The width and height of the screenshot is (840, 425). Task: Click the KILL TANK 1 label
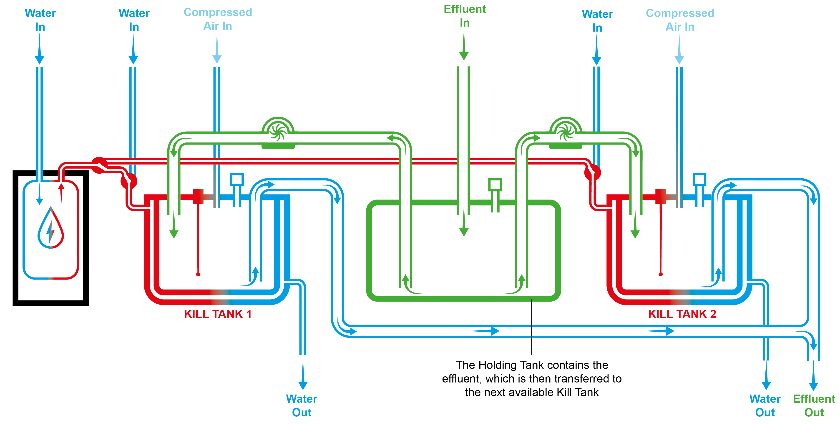tap(217, 314)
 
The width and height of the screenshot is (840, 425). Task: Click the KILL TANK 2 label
tap(682, 314)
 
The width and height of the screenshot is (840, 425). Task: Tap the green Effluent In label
tap(465, 16)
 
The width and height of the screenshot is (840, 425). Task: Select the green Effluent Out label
tap(814, 405)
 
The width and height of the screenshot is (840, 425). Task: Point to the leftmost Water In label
tap(40, 20)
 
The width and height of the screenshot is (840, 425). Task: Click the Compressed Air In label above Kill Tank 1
tap(217, 19)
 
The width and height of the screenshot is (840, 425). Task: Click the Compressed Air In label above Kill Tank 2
tap(680, 20)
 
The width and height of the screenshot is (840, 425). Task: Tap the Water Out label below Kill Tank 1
tap(302, 405)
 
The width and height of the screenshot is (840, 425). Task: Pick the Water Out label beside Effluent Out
tap(765, 405)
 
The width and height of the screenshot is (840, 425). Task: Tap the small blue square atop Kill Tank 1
tap(237, 180)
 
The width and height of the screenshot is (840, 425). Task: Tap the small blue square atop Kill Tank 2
tap(699, 180)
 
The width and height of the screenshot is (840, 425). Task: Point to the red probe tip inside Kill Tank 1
tap(198, 274)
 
